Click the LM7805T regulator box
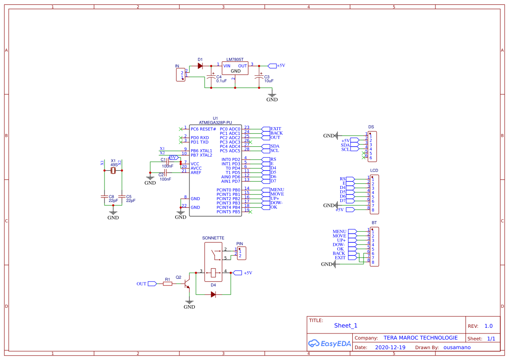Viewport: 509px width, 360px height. tap(235, 68)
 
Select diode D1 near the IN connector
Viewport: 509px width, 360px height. tap(200, 66)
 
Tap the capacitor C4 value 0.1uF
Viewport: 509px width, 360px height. tap(221, 81)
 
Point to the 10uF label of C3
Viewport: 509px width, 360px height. tap(269, 81)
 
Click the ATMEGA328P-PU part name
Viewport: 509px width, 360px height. tap(215, 123)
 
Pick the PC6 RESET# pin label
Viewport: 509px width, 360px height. tap(203, 129)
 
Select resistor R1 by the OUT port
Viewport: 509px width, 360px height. tap(168, 284)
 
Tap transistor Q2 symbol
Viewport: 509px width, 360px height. tap(187, 283)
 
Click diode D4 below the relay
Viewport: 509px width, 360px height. tap(213, 294)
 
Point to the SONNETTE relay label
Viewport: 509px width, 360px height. tap(213, 238)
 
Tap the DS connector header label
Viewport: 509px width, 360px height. tap(371, 127)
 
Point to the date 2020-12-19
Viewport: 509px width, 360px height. tap(390, 347)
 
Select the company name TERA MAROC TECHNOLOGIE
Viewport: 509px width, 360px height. tap(420, 338)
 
